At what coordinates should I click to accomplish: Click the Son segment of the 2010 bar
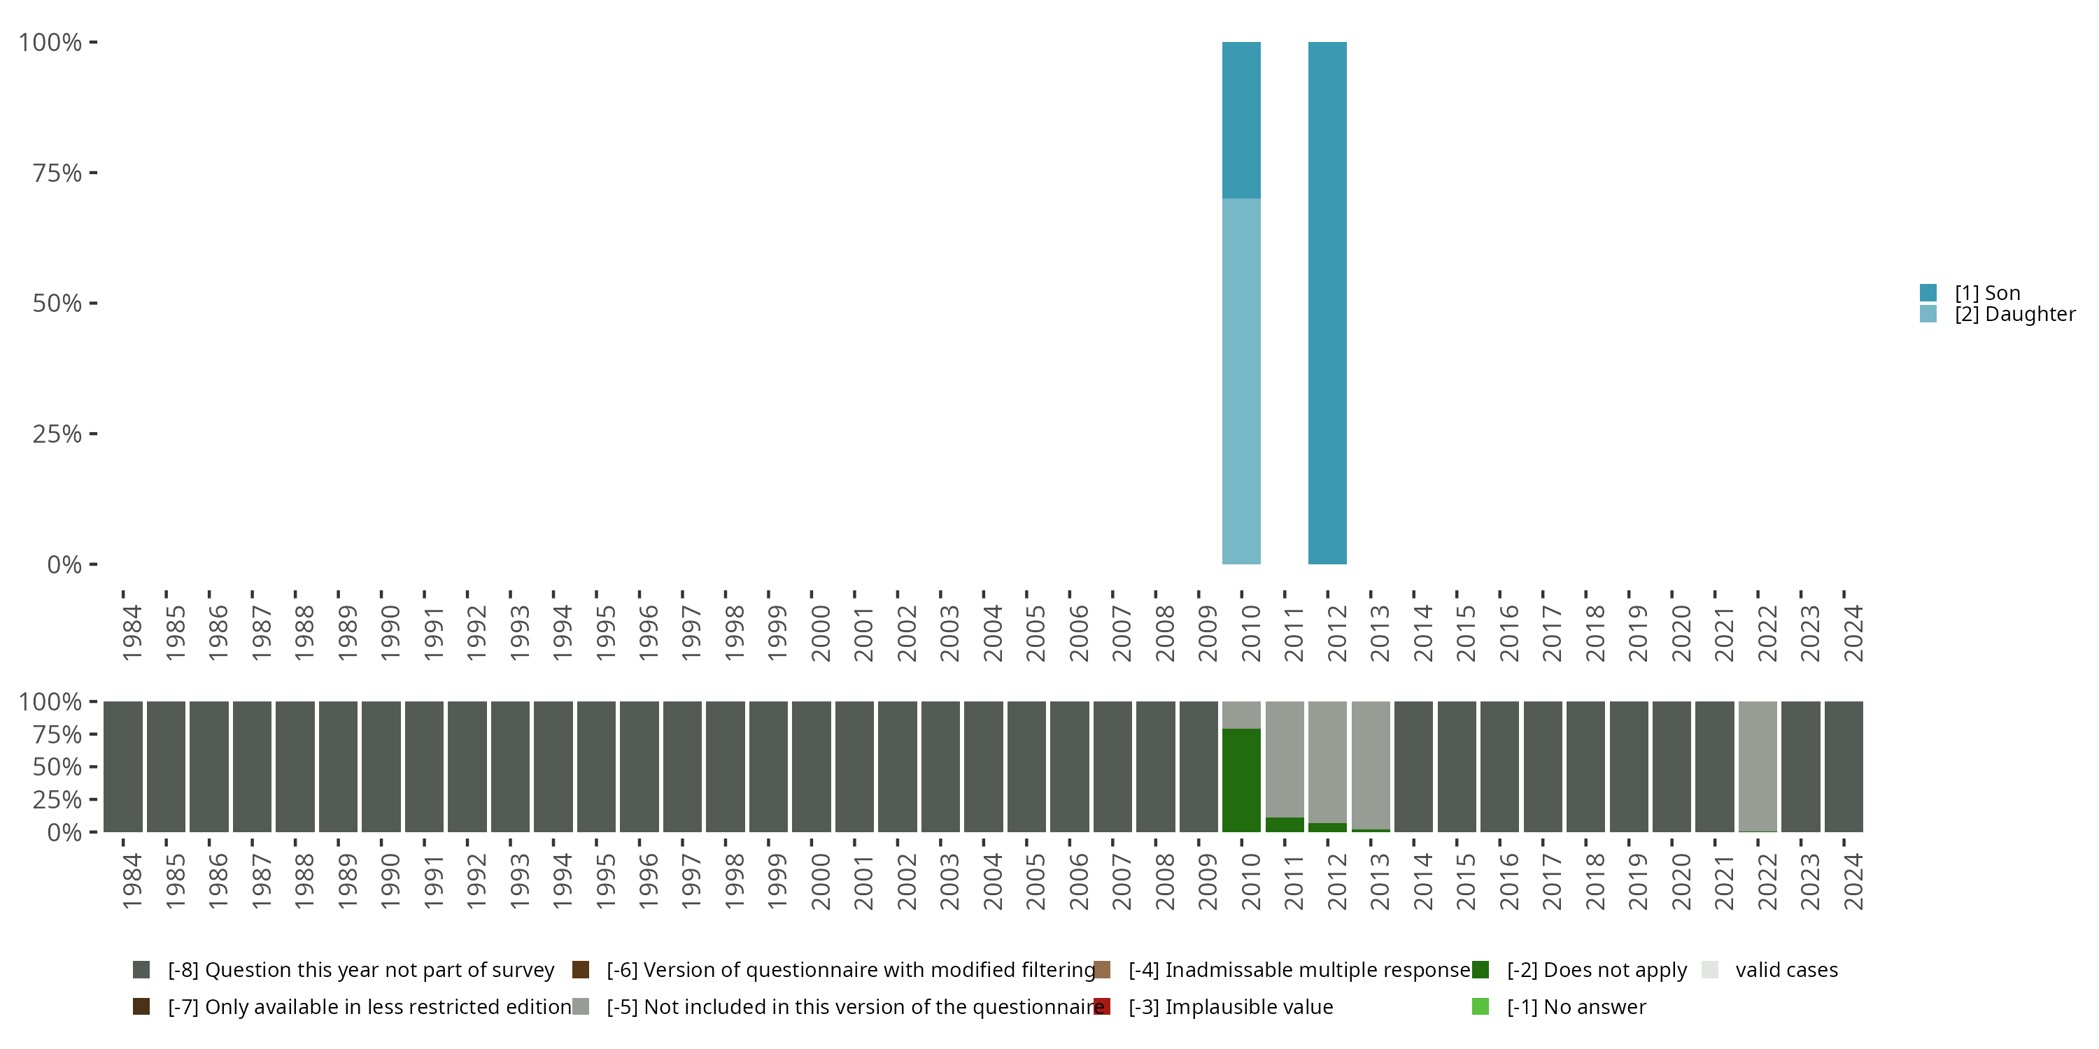[1241, 120]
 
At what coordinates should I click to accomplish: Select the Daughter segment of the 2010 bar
[1241, 381]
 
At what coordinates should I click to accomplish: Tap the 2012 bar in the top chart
[1327, 303]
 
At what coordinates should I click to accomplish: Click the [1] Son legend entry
[1986, 292]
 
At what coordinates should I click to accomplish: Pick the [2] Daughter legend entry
[2014, 313]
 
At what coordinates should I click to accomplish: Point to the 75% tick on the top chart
[57, 173]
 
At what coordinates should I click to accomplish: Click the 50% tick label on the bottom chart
[57, 766]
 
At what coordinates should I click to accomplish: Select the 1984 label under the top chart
[132, 633]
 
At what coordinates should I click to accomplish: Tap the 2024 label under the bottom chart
[1853, 881]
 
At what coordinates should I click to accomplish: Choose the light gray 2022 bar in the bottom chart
[1758, 766]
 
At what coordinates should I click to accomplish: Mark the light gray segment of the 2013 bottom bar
[1371, 765]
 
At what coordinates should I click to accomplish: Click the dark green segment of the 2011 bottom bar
[1284, 825]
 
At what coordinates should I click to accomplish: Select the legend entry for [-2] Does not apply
[1595, 970]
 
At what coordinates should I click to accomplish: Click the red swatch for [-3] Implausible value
[1103, 1006]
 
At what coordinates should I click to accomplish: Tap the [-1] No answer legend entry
[1576, 1006]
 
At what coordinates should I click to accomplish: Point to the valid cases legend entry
[1786, 970]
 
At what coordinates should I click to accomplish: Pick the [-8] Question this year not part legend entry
[360, 970]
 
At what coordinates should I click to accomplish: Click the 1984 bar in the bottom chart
[123, 766]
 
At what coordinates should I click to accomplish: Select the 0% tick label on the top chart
[64, 564]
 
